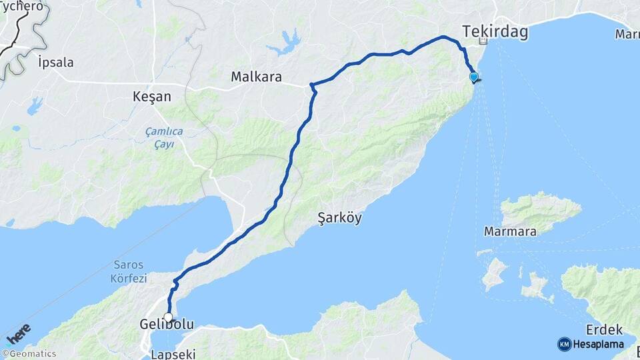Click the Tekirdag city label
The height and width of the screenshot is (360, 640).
495,32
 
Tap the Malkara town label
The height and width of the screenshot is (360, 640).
257,77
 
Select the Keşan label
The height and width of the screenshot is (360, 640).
152,97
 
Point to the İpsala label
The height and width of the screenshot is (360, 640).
56,63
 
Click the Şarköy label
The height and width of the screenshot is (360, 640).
340,218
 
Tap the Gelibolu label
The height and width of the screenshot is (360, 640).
167,325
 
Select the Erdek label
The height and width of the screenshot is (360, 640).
604,329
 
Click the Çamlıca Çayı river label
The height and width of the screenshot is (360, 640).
164,137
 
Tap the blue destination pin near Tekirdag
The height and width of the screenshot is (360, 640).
474,77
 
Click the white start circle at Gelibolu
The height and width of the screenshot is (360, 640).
168,317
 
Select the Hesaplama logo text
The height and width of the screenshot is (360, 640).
599,344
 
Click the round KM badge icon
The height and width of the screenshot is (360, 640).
565,344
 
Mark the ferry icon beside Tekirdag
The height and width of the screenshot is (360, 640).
484,41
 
